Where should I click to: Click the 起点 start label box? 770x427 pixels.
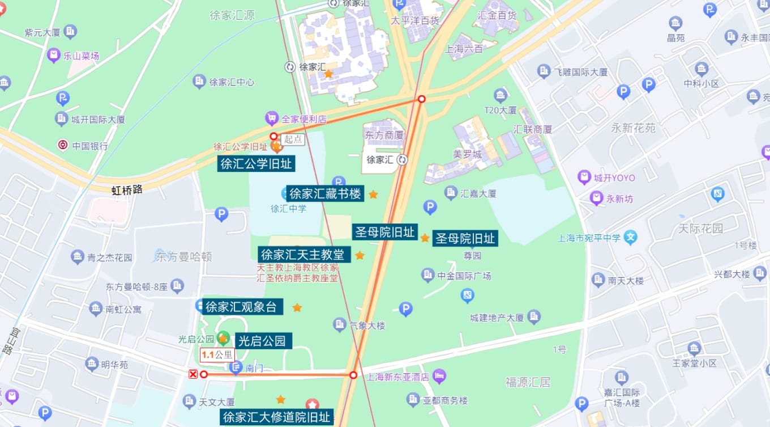click(293, 139)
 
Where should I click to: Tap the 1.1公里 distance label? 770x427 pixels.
click(217, 356)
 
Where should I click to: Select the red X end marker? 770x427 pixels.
click(193, 374)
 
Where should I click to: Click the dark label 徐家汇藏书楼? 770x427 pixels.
click(325, 194)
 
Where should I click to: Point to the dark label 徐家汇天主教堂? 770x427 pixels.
click(304, 255)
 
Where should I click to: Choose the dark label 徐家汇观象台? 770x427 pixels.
click(242, 307)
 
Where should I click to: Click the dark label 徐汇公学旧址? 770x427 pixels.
click(256, 164)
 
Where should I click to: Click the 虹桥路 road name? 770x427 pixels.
click(127, 191)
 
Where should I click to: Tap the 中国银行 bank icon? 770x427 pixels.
click(63, 145)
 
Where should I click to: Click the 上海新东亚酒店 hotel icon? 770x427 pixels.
click(439, 376)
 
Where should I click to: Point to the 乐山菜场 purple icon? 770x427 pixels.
click(54, 56)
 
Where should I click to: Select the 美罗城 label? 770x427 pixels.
click(467, 154)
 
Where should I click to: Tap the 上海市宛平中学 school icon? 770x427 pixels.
click(631, 237)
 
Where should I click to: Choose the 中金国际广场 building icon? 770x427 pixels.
click(428, 276)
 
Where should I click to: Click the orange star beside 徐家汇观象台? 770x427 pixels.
click(297, 307)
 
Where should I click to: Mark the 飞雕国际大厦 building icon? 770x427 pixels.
click(544, 71)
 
